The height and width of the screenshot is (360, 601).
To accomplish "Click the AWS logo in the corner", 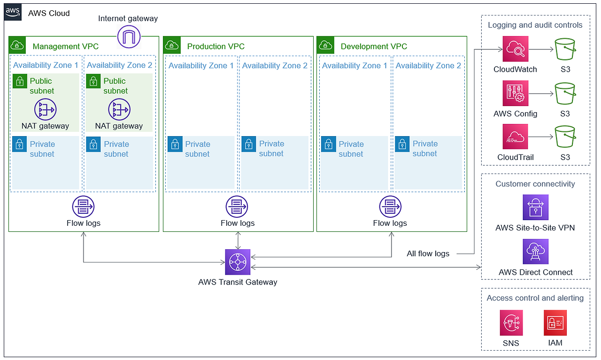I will pyautogui.click(x=13, y=13).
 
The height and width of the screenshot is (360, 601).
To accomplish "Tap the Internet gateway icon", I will pyautogui.click(x=129, y=36).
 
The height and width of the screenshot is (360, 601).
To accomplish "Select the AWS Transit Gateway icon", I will pyautogui.click(x=238, y=262).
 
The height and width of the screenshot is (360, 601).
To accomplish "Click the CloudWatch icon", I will pyautogui.click(x=515, y=49).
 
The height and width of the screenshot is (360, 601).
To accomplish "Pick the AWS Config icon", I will pyautogui.click(x=515, y=93).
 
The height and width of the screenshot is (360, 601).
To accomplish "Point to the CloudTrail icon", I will pyautogui.click(x=515, y=137).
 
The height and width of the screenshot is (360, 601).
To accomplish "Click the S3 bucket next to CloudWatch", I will pyautogui.click(x=565, y=49).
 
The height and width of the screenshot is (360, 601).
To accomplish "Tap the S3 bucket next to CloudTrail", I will pyautogui.click(x=565, y=137).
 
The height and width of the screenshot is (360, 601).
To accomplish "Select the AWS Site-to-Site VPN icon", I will pyautogui.click(x=535, y=207).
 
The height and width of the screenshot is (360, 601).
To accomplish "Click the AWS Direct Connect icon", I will pyautogui.click(x=535, y=252).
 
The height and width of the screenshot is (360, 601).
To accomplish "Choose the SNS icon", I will pyautogui.click(x=511, y=323).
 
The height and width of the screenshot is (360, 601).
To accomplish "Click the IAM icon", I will pyautogui.click(x=555, y=323).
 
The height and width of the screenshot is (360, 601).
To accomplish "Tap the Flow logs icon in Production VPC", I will pyautogui.click(x=237, y=207).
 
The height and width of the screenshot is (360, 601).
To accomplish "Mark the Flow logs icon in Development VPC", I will pyautogui.click(x=390, y=207).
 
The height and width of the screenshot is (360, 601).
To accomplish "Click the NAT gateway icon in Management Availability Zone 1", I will pyautogui.click(x=45, y=109).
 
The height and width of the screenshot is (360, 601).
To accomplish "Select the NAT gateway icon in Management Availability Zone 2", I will pyautogui.click(x=119, y=109).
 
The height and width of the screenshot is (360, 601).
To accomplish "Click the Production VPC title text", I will pyautogui.click(x=216, y=46).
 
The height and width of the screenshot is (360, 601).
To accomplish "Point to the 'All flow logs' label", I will pyautogui.click(x=428, y=254).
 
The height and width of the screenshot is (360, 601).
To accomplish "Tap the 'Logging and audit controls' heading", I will pyautogui.click(x=535, y=25).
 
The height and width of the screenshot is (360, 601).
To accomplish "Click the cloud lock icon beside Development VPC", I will pyautogui.click(x=325, y=45).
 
